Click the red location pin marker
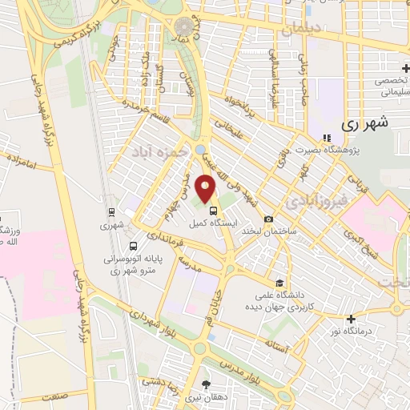[x=207, y=188]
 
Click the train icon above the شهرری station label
[x=112, y=212]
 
